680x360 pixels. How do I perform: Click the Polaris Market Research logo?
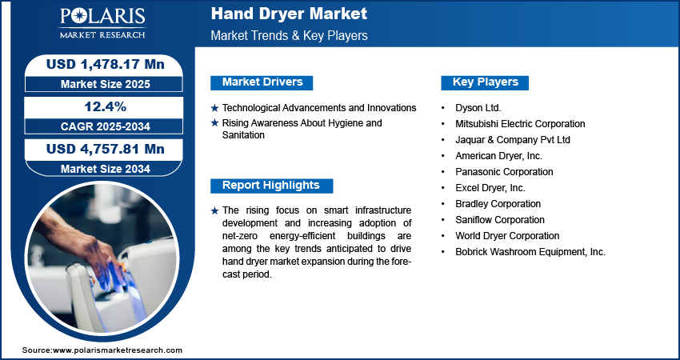102,23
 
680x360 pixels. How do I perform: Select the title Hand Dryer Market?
289,14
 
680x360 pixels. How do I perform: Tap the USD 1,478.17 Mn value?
106,64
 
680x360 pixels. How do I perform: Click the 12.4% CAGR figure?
106,106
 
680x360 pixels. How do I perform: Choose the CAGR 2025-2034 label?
106,126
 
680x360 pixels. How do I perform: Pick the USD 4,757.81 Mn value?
106,150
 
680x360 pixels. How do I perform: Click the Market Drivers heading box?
262,82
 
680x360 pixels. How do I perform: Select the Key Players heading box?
485,82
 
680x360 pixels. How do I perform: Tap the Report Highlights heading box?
271,186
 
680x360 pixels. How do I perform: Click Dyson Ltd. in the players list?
478,108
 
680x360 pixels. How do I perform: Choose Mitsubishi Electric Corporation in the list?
520,124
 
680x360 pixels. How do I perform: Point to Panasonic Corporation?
504,172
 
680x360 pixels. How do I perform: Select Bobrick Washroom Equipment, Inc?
530,252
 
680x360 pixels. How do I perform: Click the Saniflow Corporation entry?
499,220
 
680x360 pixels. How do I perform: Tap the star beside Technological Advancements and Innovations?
214,108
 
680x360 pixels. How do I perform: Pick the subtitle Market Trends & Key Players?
289,35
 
